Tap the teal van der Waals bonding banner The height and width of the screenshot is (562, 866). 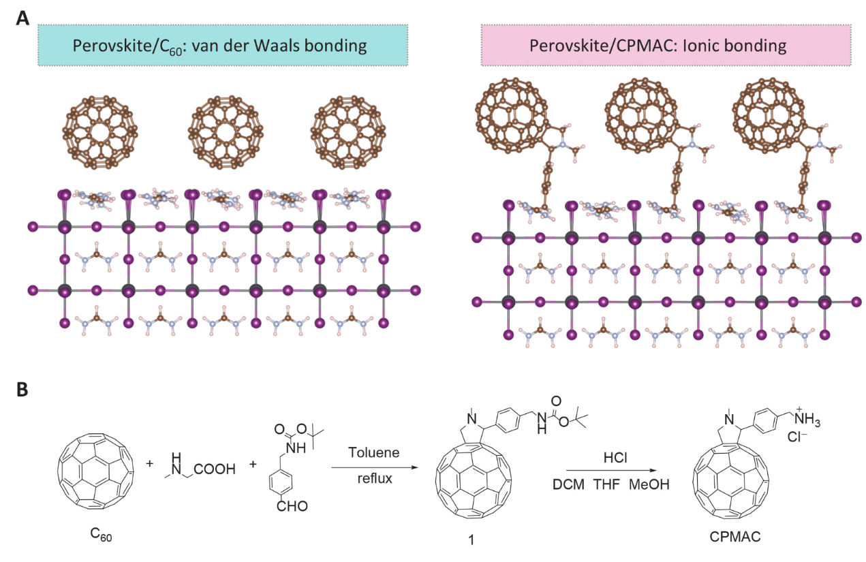(222, 46)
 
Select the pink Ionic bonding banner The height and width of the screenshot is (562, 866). (666, 46)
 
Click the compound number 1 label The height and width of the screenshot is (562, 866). (470, 537)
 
